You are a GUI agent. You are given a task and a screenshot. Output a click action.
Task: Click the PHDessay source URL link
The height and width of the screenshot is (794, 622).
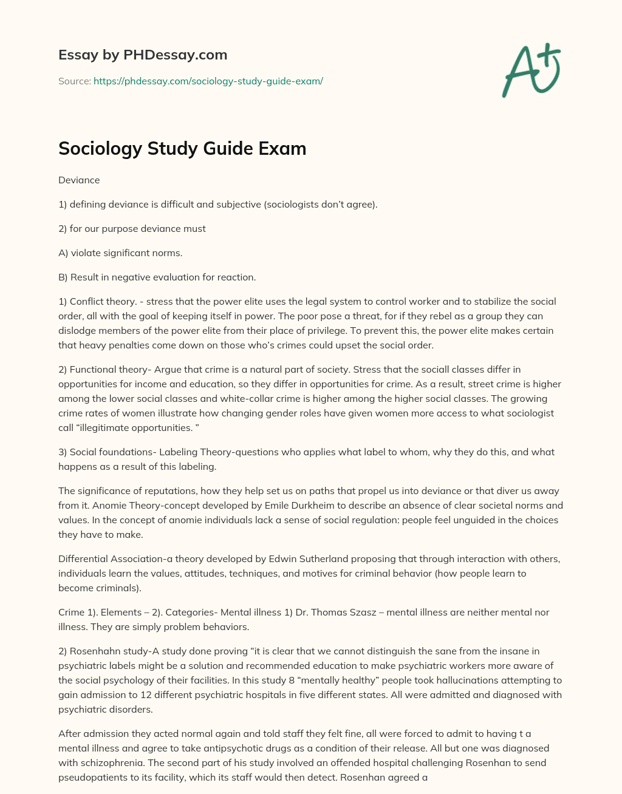click(208, 81)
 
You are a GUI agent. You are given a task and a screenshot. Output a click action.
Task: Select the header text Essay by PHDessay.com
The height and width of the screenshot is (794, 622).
click(143, 55)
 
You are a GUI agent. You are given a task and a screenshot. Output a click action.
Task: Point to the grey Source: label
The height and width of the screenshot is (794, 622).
click(75, 81)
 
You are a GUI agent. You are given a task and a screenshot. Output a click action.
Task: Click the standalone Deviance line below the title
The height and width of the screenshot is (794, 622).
click(79, 180)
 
